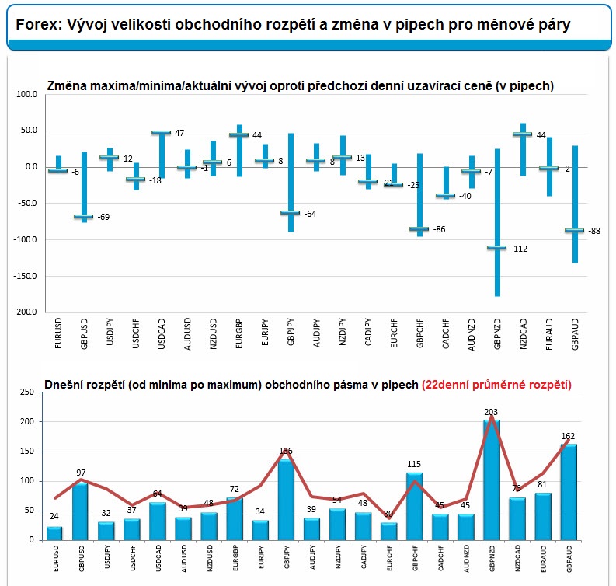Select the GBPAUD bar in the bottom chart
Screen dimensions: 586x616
coord(570,492)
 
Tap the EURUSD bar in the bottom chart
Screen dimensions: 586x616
coord(54,533)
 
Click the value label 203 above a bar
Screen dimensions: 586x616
coord(491,413)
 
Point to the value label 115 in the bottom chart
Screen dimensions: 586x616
coord(414,465)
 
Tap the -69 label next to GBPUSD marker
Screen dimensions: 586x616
coord(103,217)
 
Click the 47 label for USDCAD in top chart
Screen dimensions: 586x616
coord(179,133)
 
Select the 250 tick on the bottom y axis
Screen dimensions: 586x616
coord(27,392)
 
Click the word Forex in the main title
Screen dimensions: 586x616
coord(35,25)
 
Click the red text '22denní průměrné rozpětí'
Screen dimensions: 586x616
coord(496,384)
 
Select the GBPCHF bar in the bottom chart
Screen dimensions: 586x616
coord(415,506)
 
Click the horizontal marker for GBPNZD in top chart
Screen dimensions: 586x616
coord(496,248)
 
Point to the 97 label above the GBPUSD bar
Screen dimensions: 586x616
coord(80,473)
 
